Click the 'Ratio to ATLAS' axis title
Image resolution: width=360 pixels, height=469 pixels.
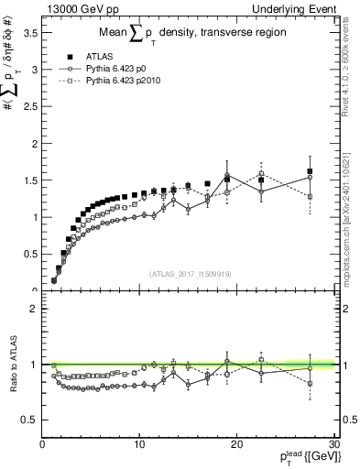[x=12, y=366]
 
